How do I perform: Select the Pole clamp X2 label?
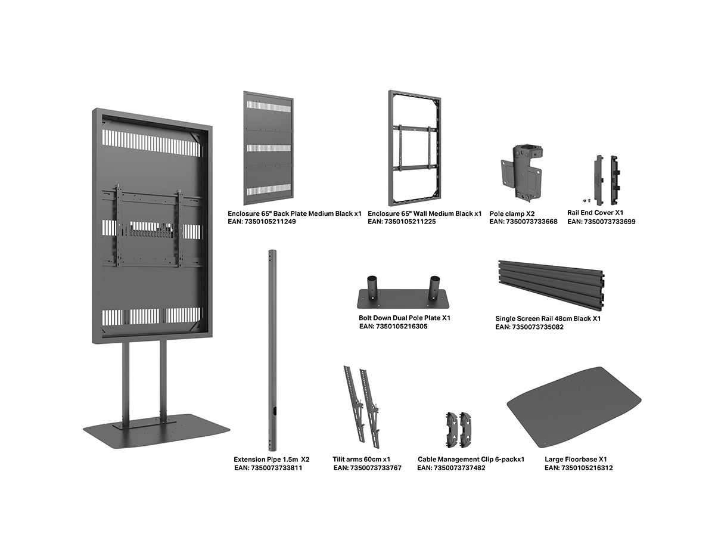(x=512, y=214)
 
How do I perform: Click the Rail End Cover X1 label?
(x=595, y=213)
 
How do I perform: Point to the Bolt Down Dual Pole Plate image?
(x=403, y=292)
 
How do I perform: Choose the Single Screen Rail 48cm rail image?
(x=551, y=285)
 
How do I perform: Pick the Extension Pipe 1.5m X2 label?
(x=271, y=459)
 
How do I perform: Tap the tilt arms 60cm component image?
(x=362, y=407)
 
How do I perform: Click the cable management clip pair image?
(x=459, y=430)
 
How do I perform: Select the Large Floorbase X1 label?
(x=576, y=459)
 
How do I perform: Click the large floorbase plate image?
(x=574, y=407)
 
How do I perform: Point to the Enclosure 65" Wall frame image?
(x=415, y=148)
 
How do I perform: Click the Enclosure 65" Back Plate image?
(x=268, y=148)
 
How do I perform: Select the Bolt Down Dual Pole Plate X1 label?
(x=404, y=318)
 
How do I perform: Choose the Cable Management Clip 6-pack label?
(x=471, y=459)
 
